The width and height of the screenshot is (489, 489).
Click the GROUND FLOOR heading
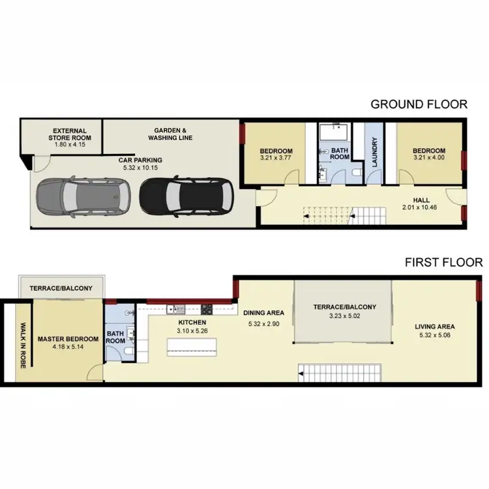(419, 104)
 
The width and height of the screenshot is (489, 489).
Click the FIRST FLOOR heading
(443, 263)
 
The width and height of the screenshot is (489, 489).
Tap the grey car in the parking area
(81, 197)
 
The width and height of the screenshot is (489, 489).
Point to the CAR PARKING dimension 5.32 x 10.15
(140, 168)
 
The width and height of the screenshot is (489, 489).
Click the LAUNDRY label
(375, 153)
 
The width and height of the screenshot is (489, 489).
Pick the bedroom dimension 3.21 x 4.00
(428, 157)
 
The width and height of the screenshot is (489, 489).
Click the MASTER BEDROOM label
(68, 339)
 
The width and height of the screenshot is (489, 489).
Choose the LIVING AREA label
(434, 327)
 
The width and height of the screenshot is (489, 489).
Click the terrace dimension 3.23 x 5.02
(344, 316)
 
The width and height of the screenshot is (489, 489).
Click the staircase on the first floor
(338, 374)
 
